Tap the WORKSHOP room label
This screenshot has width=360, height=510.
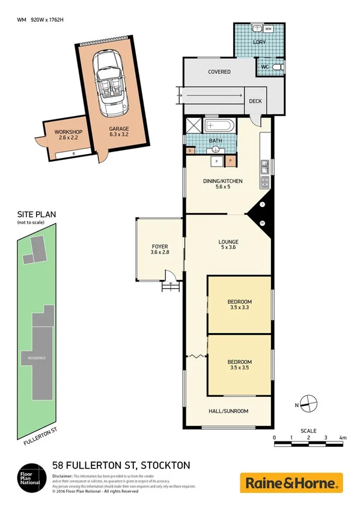[68, 132]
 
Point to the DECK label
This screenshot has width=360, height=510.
[256, 102]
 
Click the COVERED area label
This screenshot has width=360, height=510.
[219, 72]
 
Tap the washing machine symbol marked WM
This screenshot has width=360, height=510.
[267, 28]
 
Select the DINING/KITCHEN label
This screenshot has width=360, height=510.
[223, 181]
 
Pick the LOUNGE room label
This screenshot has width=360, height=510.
[228, 242]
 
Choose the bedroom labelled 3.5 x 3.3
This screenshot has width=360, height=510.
[239, 304]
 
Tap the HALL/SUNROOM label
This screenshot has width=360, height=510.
[228, 411]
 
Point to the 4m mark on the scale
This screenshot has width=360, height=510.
[343, 437]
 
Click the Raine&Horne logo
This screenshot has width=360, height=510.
[291, 482]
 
